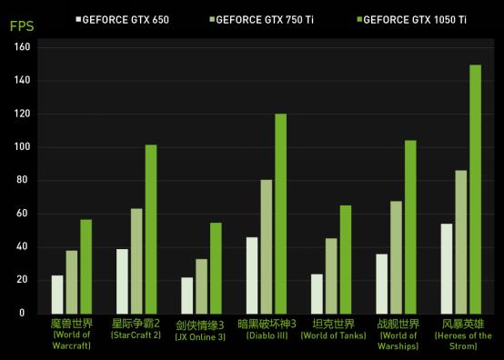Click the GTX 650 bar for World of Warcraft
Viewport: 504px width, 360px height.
point(57,294)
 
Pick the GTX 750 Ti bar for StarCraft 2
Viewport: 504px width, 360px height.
point(136,261)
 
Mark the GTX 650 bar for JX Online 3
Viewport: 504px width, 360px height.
point(187,295)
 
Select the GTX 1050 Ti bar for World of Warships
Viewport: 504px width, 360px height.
point(410,226)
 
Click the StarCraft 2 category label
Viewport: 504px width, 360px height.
point(136,328)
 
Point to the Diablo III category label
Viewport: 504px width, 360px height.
point(267,328)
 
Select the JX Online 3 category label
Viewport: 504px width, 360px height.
point(201,328)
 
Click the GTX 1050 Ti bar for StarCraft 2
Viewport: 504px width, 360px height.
point(151,229)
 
